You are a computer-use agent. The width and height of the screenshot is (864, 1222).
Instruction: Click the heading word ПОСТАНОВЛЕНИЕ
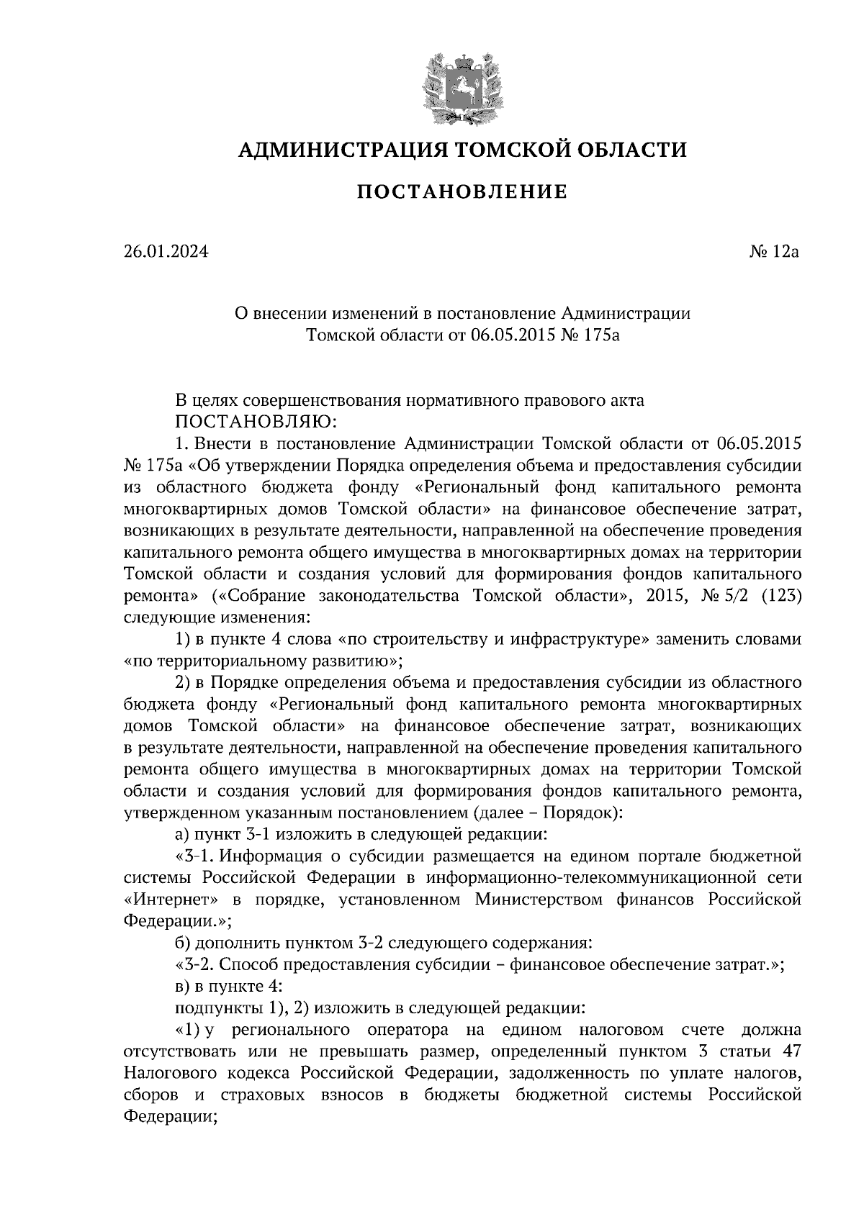[x=462, y=192]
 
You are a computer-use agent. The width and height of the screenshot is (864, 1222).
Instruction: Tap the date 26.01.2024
[x=166, y=252]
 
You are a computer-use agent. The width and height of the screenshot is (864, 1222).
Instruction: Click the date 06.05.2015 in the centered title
[x=513, y=334]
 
